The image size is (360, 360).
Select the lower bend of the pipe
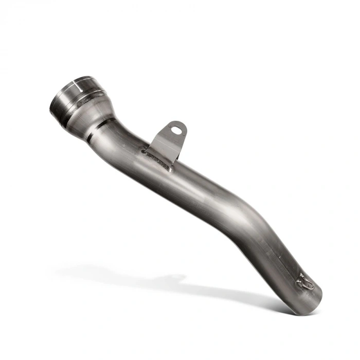pyautogui.click(x=257, y=221)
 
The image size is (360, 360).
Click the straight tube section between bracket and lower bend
pyautogui.click(x=206, y=185)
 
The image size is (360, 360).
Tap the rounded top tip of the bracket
pyautogui.click(x=180, y=123)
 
